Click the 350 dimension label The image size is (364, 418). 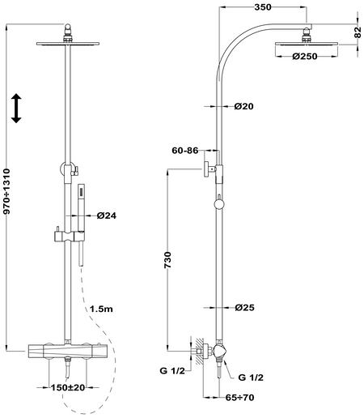(263, 7)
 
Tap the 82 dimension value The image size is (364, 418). (358, 32)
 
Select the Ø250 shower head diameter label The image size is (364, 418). (305, 57)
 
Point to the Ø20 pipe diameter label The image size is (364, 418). (243, 106)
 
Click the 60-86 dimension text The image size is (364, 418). (185, 151)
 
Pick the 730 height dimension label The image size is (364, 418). (167, 260)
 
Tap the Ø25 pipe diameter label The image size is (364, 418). (244, 307)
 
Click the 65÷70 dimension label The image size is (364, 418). (239, 397)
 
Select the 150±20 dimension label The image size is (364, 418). (68, 387)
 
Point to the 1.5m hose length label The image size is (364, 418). (101, 309)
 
